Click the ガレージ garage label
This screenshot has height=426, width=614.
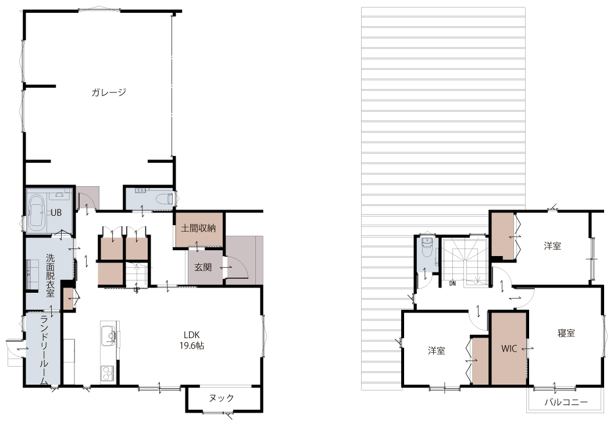pyautogui.click(x=109, y=93)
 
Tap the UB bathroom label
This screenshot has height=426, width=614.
pyautogui.click(x=56, y=213)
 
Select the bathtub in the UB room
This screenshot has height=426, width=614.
pyautogui.click(x=37, y=212)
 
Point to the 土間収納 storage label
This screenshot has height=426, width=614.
pyautogui.click(x=198, y=228)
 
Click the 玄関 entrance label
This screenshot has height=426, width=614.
pyautogui.click(x=204, y=267)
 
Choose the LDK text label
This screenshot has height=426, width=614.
pyautogui.click(x=192, y=335)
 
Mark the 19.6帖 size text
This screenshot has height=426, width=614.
pyautogui.click(x=192, y=346)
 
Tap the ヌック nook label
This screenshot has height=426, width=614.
pyautogui.click(x=222, y=398)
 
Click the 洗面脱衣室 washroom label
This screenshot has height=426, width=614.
pyautogui.click(x=51, y=275)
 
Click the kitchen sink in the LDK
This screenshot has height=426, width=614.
pyautogui.click(x=109, y=336)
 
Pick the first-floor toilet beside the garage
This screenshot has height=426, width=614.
pyautogui.click(x=165, y=198)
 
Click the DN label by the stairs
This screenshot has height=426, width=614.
pyautogui.click(x=452, y=284)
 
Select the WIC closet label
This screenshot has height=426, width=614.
pyautogui.click(x=509, y=349)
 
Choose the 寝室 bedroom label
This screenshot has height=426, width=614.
pyautogui.click(x=566, y=333)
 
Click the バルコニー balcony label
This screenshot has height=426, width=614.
pyautogui.click(x=566, y=403)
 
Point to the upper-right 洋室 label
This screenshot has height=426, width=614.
pyautogui.click(x=552, y=246)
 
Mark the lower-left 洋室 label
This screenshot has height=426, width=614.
pyautogui.click(x=436, y=350)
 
